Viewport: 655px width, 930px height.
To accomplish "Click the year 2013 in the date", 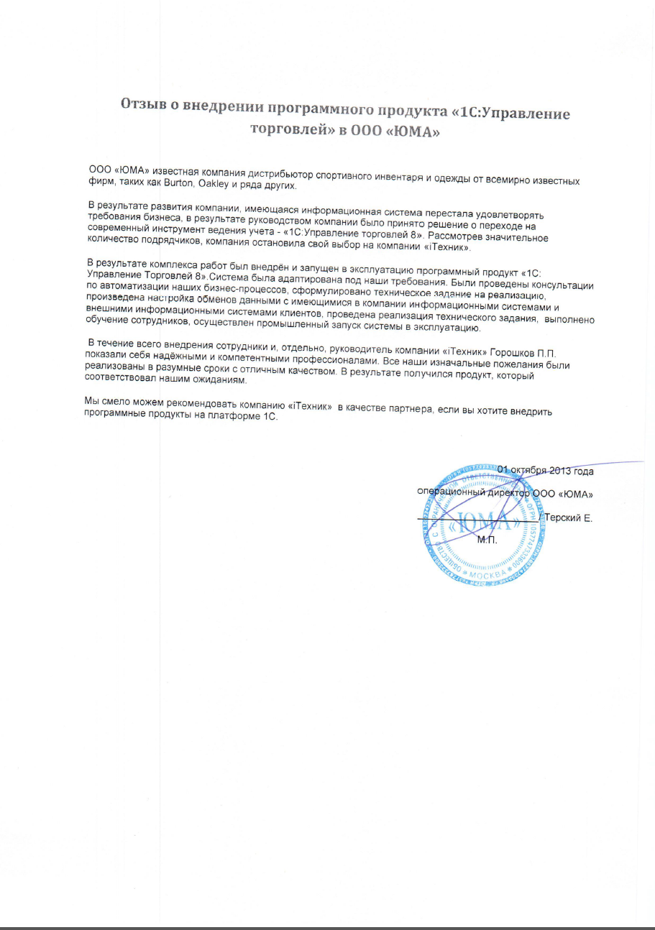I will point(559,471).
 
